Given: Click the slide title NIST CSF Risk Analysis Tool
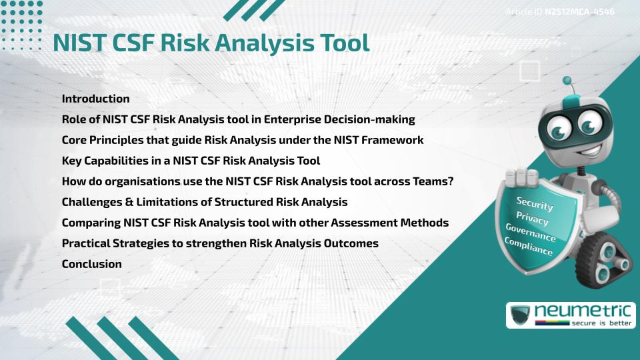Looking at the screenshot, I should (211, 43).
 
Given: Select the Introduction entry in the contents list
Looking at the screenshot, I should (95, 99).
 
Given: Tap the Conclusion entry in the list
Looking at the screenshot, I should (91, 264).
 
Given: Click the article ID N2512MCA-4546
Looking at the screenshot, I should (579, 12).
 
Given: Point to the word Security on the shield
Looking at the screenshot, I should (535, 203).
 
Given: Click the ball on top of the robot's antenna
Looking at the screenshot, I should (568, 81).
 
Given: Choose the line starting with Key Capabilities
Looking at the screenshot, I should (191, 161).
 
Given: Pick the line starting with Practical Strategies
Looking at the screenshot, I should (220, 243).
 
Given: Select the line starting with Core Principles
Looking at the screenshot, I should (243, 140).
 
